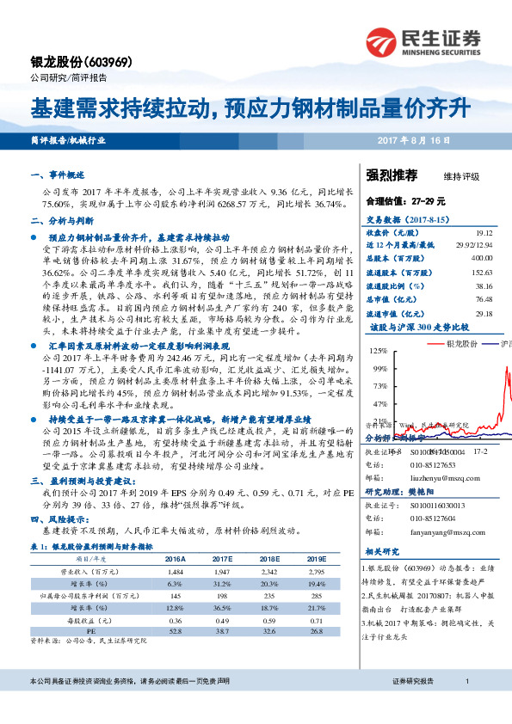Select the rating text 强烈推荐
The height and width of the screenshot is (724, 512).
point(392,175)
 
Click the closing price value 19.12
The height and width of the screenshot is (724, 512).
point(484,233)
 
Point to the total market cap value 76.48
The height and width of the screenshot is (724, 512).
point(484,299)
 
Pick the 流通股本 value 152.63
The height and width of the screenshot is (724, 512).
point(481,272)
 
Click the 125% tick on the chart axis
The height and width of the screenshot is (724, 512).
point(376,351)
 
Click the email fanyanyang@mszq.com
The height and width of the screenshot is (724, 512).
point(436,532)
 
